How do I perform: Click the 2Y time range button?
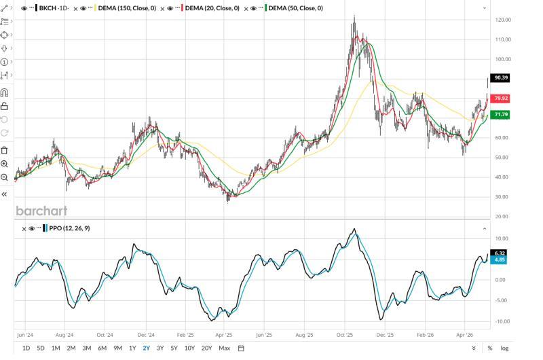(x=146, y=348)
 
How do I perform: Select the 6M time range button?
(x=102, y=348)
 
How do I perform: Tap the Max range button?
(x=225, y=348)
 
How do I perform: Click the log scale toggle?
(x=504, y=348)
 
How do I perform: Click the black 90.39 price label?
(x=500, y=77)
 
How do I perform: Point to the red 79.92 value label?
(x=500, y=98)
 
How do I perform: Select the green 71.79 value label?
(x=500, y=114)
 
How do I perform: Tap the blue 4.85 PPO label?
(x=499, y=260)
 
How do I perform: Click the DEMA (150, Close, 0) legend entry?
(x=127, y=8)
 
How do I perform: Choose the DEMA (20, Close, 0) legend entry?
(x=212, y=8)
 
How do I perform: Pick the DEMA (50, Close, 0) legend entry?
(x=295, y=8)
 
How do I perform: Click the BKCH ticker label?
(x=48, y=8)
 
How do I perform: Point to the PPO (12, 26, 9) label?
(x=69, y=228)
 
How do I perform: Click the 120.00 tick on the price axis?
(x=503, y=20)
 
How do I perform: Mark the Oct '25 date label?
(x=345, y=335)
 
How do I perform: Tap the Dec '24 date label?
(x=146, y=335)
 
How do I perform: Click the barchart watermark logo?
(x=41, y=211)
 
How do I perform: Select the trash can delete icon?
(x=4, y=150)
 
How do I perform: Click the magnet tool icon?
(x=4, y=92)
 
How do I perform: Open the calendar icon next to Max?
(x=241, y=348)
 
